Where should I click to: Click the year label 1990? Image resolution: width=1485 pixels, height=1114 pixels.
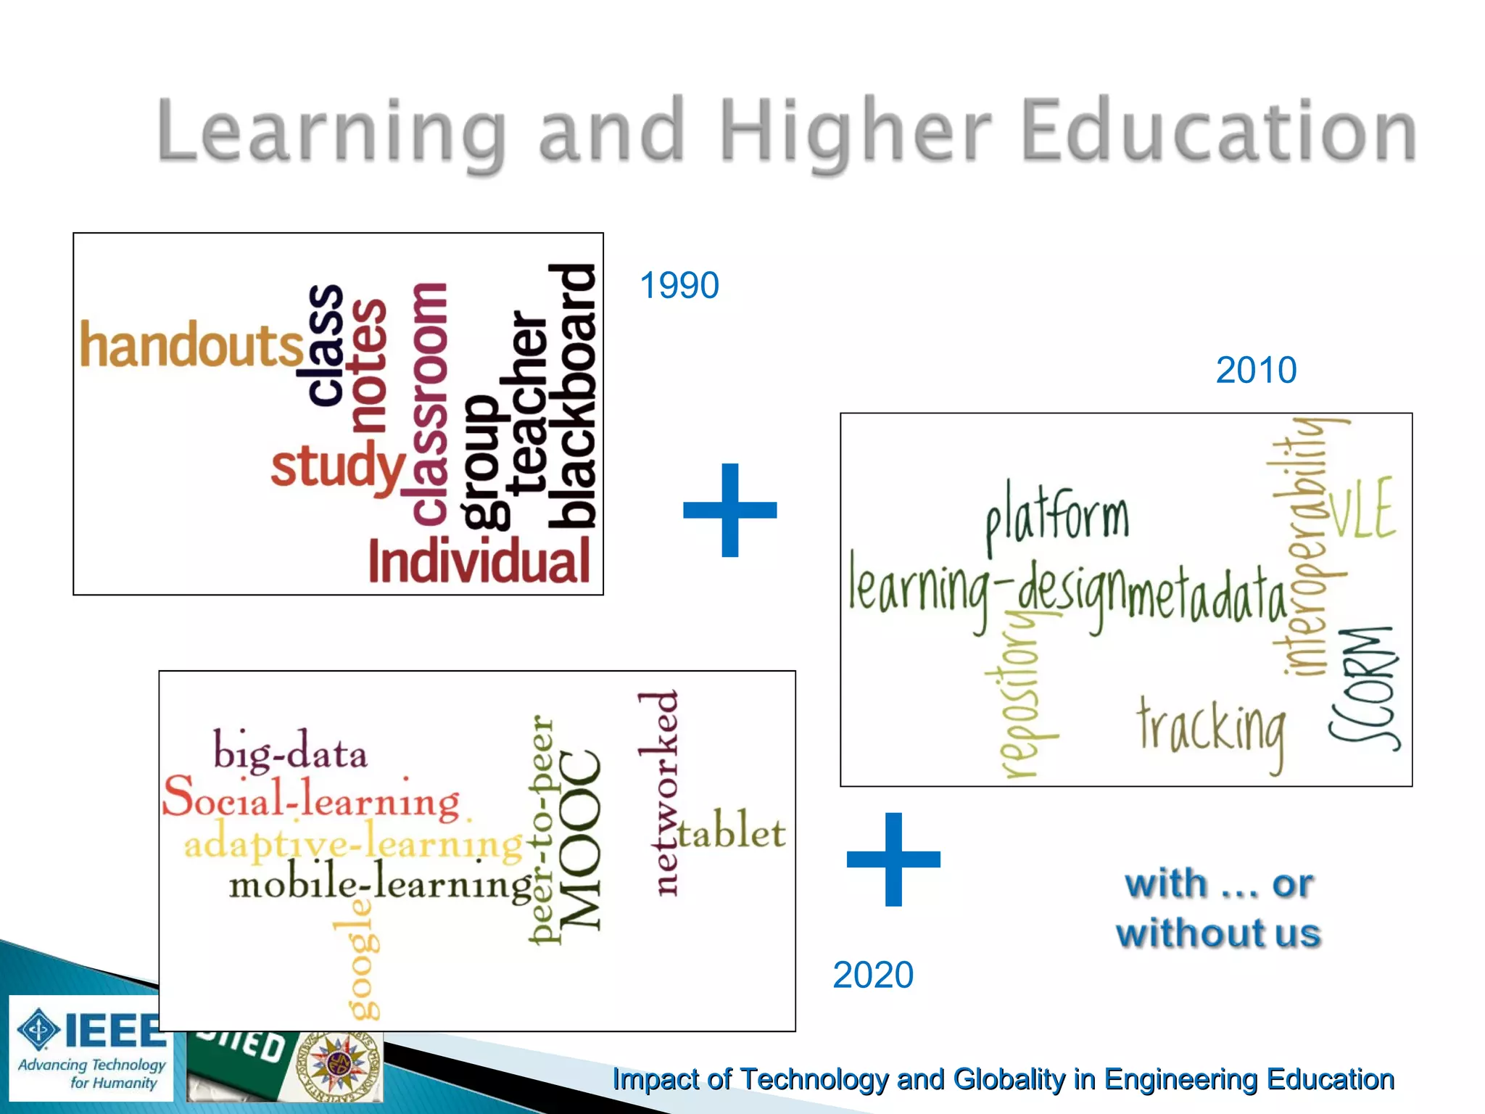coord(679,285)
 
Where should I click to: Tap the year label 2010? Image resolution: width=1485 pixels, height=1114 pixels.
coord(1256,370)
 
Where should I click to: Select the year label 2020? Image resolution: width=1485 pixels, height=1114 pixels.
coord(872,975)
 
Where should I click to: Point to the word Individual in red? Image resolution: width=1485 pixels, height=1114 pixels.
coord(479,562)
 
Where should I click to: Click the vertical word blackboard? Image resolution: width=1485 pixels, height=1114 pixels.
coord(573,396)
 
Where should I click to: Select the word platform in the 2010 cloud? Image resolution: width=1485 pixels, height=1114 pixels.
coord(1057,517)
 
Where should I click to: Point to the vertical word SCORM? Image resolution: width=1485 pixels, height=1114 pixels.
coord(1364,688)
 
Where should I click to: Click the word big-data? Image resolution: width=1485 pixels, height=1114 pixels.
coord(290,751)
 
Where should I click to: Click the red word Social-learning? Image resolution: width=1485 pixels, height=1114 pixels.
coord(311,798)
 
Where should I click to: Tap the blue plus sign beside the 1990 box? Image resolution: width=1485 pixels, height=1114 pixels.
coord(730,510)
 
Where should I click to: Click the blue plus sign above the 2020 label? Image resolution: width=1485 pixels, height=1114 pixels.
coord(893,859)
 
